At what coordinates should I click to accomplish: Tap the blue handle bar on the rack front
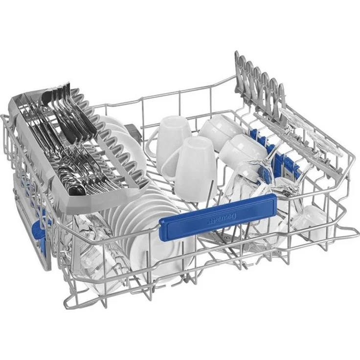[x=218, y=217]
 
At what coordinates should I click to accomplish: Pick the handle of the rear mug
[x=152, y=142]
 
